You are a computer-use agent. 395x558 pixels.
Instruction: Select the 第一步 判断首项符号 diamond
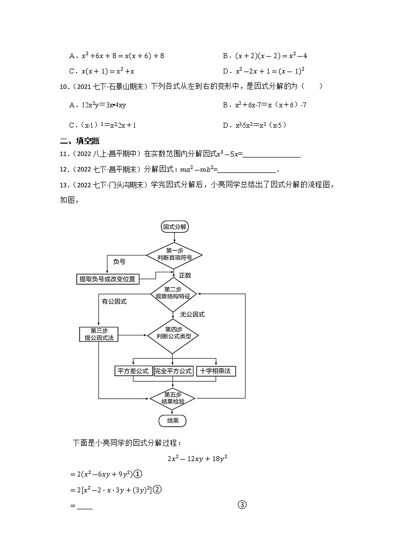pos(174,253)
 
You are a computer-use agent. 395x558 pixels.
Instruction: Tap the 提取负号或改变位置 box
pos(107,279)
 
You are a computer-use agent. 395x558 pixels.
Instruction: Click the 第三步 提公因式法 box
pos(98,334)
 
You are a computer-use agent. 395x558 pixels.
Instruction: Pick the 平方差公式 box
pos(133,371)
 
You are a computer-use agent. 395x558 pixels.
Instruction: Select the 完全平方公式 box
pos(173,371)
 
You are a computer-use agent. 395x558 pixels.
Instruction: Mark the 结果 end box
pos(172,421)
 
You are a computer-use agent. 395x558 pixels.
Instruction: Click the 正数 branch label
pos(185,275)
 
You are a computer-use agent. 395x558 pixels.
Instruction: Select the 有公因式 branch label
pos(114,302)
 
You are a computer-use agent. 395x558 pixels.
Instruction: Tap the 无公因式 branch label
pos(192,315)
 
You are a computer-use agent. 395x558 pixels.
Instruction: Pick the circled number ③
pos(242,505)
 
